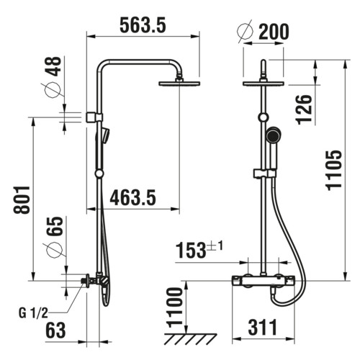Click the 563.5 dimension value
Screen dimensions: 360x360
[143, 25]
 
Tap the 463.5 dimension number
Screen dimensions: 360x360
[132, 197]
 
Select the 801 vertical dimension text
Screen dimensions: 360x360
[22, 199]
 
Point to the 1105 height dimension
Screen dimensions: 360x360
[334, 171]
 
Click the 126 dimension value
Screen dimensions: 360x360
[305, 109]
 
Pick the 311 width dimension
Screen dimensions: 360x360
[263, 328]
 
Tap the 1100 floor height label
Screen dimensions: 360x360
[175, 307]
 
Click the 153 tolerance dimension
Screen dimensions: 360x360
[199, 250]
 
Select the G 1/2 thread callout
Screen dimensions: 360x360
[33, 313]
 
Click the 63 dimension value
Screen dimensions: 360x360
[55, 330]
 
